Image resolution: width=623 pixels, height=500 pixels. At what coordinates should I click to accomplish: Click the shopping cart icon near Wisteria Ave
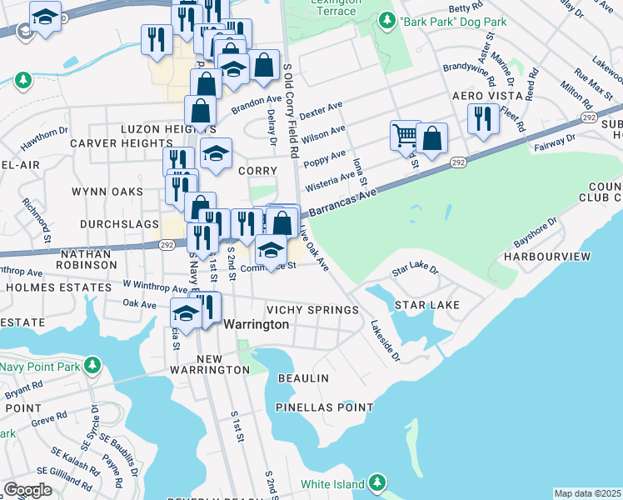(405, 135)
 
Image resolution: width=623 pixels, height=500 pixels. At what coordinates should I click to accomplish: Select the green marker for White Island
(377, 482)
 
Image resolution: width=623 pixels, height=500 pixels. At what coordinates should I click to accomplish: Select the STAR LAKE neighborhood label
(427, 306)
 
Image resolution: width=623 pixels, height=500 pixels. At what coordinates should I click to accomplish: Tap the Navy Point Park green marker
(92, 365)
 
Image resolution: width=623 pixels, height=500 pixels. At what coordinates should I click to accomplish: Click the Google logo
(27, 490)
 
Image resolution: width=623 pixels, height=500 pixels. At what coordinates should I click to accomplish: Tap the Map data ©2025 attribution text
(587, 493)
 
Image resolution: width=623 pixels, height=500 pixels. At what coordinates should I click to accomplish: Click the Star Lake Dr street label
(415, 272)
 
